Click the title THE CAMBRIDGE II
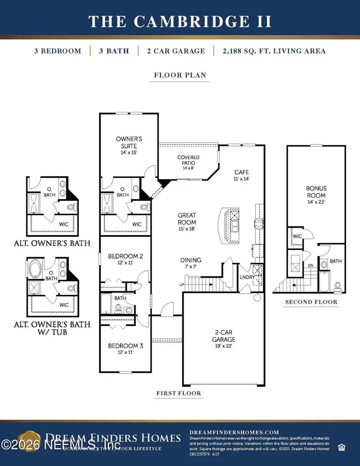pyautogui.click(x=180, y=21)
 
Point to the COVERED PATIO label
pyautogui.click(x=188, y=160)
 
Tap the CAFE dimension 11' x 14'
pyautogui.click(x=242, y=179)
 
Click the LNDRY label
pyautogui.click(x=245, y=277)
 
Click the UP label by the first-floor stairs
pyautogui.click(x=182, y=284)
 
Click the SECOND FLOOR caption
pyautogui.click(x=311, y=302)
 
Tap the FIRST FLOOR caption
pyautogui.click(x=178, y=393)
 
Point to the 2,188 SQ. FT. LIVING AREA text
pyautogui.click(x=269, y=51)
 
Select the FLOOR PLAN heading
pyautogui.click(x=179, y=75)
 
